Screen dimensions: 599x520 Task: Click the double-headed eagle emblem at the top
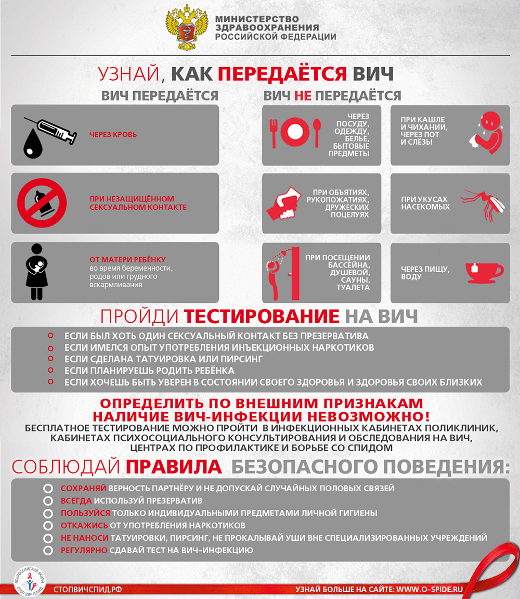[x=186, y=27]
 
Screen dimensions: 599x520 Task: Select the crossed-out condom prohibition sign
[x=42, y=203]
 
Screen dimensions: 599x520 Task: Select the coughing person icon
[x=486, y=134]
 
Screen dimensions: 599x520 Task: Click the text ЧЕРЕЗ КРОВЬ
[x=113, y=135]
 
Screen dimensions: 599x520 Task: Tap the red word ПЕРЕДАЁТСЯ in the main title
[x=282, y=74]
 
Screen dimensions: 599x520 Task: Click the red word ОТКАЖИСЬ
[x=85, y=526]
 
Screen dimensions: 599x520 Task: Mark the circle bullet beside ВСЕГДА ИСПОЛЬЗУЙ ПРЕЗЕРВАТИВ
[x=48, y=501]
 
